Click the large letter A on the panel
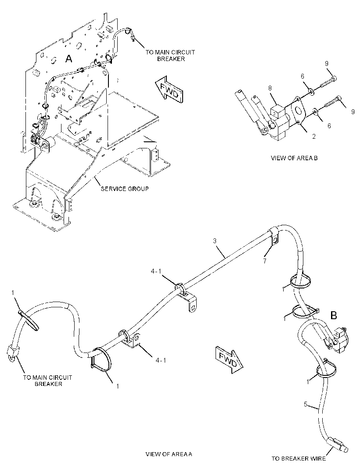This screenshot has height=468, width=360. pyautogui.click(x=68, y=59)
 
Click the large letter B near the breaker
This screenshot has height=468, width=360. pyautogui.click(x=333, y=315)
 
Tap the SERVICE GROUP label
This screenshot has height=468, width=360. pyautogui.click(x=125, y=189)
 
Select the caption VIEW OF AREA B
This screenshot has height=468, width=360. pyautogui.click(x=294, y=158)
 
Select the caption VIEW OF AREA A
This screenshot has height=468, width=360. pyautogui.click(x=169, y=454)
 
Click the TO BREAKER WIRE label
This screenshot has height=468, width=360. pyautogui.click(x=299, y=458)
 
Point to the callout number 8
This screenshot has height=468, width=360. pyautogui.click(x=270, y=88)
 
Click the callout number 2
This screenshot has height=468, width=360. pyautogui.click(x=314, y=137)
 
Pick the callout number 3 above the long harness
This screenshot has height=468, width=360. pyautogui.click(x=215, y=241)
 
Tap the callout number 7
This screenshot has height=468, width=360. pyautogui.click(x=264, y=261)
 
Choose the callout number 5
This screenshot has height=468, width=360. pyautogui.click(x=306, y=404)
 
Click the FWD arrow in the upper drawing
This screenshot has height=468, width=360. pyautogui.click(x=169, y=89)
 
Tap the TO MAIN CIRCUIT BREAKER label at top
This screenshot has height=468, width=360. pyautogui.click(x=170, y=55)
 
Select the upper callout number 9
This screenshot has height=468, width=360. pyautogui.click(x=327, y=63)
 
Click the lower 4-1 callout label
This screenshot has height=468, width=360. pyautogui.click(x=161, y=360)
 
